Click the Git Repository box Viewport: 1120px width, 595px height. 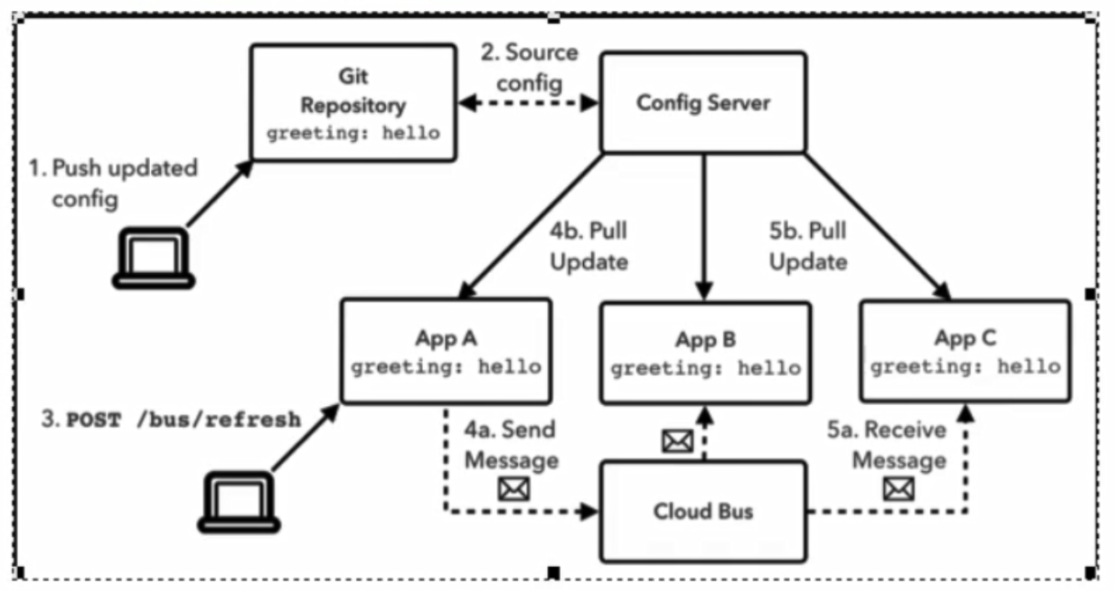[x=353, y=103]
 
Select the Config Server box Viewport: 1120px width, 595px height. [x=703, y=102]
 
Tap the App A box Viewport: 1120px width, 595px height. [x=446, y=351]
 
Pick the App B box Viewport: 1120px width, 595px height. [x=705, y=353]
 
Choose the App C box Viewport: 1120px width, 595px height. [x=965, y=351]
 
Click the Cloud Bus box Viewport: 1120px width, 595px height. [x=703, y=512]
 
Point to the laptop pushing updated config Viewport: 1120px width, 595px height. [x=153, y=259]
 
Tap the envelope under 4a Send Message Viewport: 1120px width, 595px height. [x=513, y=489]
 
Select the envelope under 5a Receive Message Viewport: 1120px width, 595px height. [x=899, y=489]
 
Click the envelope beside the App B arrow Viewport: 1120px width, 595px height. [x=677, y=441]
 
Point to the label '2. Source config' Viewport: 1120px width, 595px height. [x=529, y=67]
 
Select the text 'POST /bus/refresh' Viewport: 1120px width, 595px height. [x=184, y=421]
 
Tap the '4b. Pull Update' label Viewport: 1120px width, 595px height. [x=588, y=246]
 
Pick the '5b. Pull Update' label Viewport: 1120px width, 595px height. [x=807, y=246]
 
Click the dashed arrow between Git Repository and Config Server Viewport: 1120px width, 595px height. [x=529, y=104]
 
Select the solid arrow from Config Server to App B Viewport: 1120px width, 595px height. [x=704, y=226]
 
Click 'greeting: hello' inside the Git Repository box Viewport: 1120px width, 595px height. [x=353, y=132]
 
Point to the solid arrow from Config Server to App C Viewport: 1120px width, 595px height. [x=877, y=226]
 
